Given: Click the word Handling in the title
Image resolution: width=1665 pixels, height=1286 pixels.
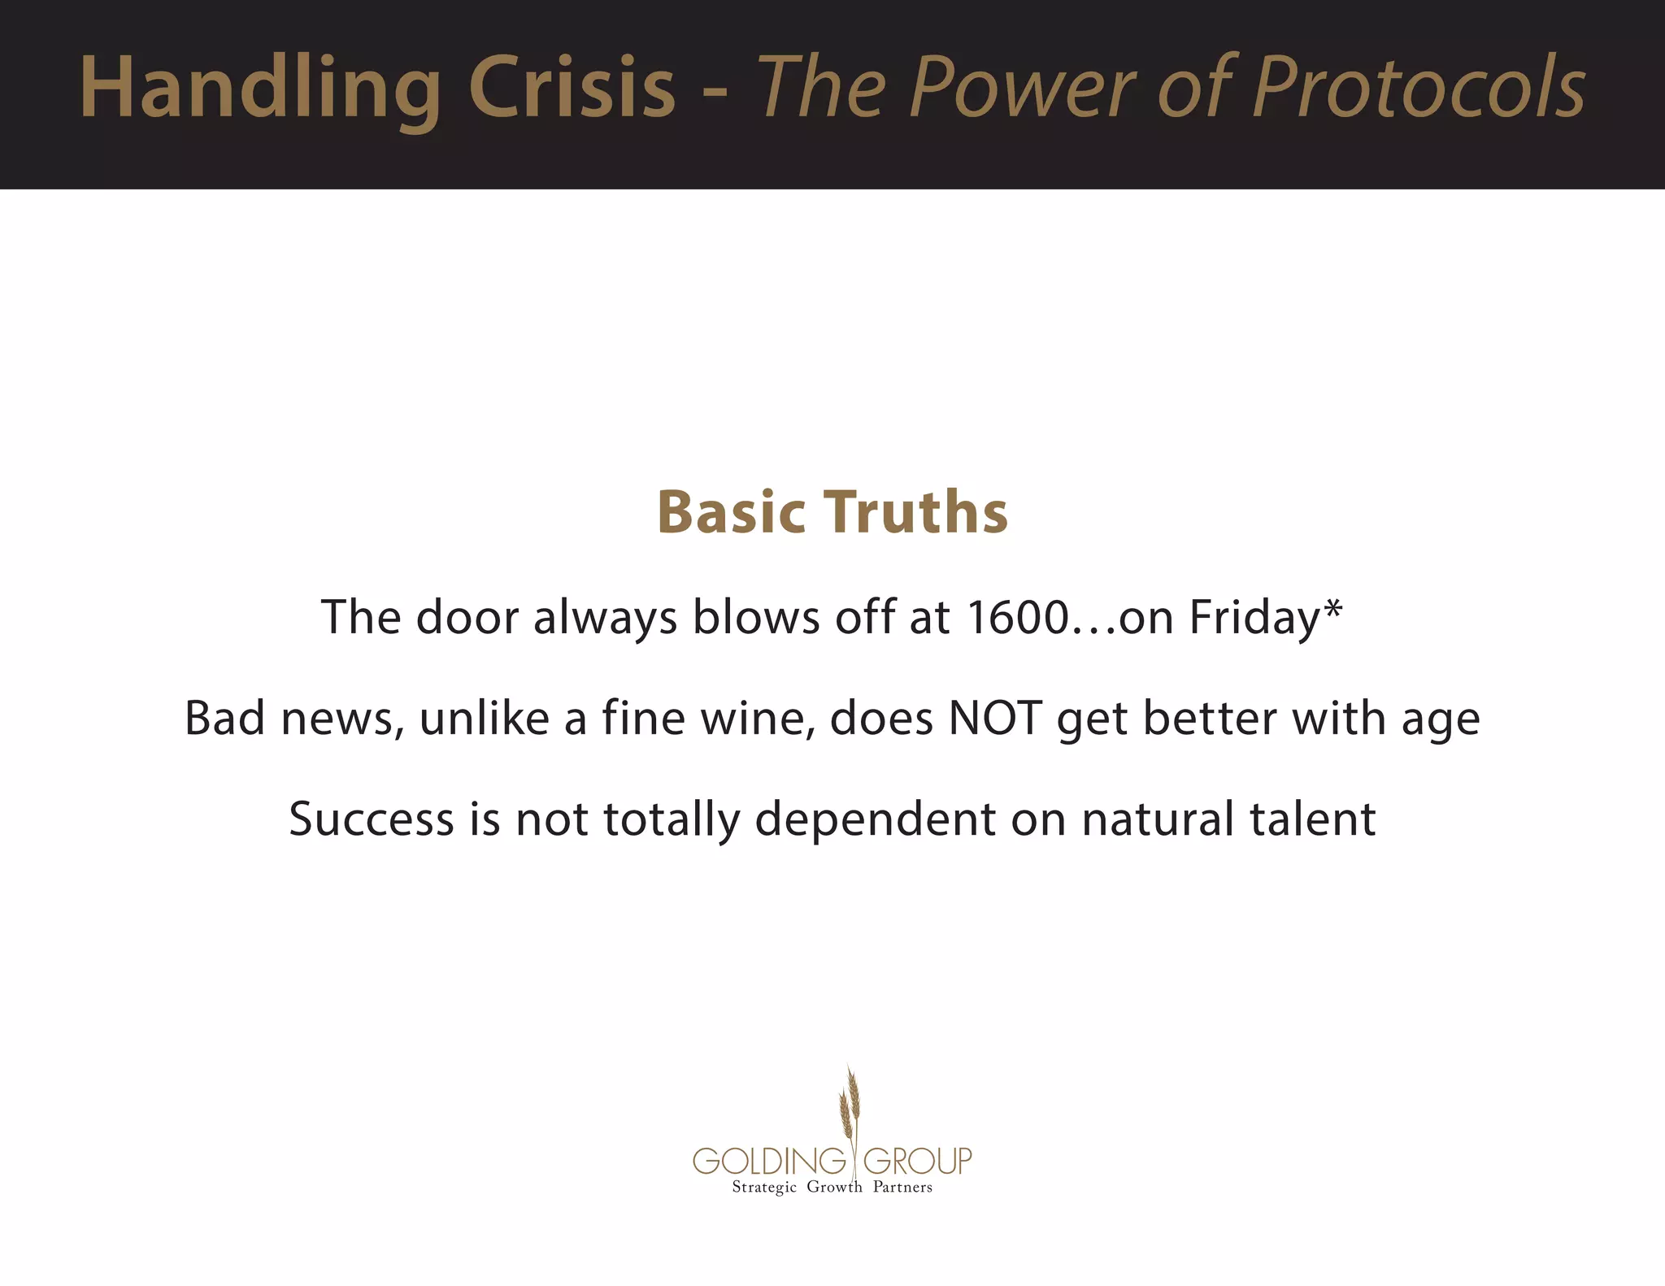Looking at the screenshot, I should [x=260, y=88].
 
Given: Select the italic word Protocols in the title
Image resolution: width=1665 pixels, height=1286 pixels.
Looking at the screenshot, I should [x=1419, y=88].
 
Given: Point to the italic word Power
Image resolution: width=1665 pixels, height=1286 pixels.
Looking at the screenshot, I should [x=1020, y=88].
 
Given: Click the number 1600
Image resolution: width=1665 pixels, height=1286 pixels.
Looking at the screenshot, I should [x=1017, y=617].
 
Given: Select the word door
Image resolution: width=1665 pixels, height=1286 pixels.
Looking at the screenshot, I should [x=467, y=617].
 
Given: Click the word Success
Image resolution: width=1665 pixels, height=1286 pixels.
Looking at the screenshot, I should [x=371, y=819].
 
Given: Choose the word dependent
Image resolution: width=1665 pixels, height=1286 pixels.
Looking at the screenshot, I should [x=875, y=819].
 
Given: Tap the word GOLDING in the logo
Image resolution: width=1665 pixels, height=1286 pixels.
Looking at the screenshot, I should [x=769, y=1161].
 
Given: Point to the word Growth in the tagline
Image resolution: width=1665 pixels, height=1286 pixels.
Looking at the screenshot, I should [x=834, y=1188].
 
